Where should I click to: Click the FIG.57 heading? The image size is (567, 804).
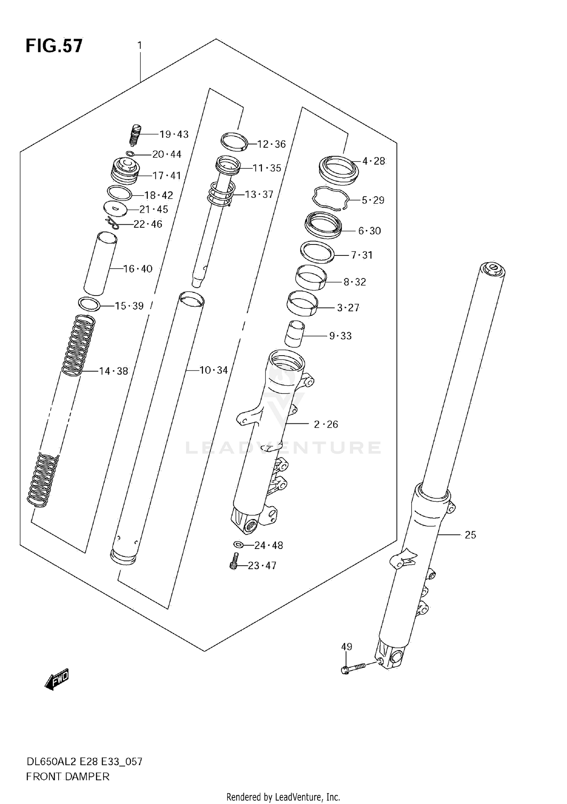click(x=54, y=46)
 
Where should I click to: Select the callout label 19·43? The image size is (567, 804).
click(x=174, y=134)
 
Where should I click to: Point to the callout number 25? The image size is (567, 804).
click(x=470, y=535)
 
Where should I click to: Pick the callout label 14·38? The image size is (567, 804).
click(x=113, y=371)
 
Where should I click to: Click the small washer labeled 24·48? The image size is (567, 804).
click(x=238, y=544)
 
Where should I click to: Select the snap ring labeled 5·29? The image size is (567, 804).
click(x=330, y=198)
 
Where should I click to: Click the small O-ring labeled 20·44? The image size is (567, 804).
click(x=130, y=154)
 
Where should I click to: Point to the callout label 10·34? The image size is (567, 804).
click(x=214, y=370)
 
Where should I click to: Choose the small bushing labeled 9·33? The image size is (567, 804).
click(x=294, y=333)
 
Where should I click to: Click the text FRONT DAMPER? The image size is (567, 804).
click(x=68, y=777)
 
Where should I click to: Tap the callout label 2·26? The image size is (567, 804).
click(x=326, y=424)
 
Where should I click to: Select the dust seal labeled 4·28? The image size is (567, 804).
click(x=339, y=170)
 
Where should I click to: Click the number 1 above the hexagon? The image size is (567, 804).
click(x=139, y=46)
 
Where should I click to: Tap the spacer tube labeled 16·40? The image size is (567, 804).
click(x=100, y=264)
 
